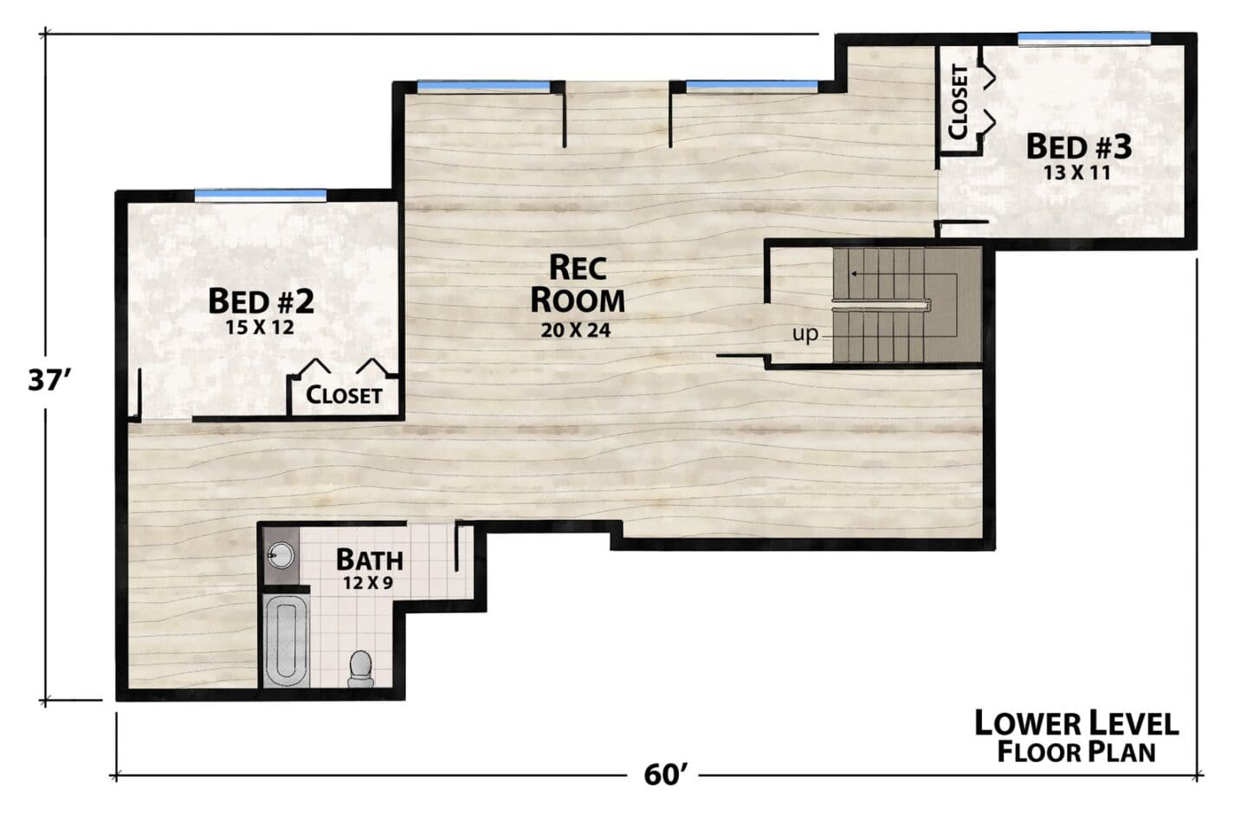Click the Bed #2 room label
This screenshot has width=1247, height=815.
click(262, 301)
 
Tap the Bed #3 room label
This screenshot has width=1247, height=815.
click(1079, 147)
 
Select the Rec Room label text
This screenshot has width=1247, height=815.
click(578, 284)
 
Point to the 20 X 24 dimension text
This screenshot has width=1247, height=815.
click(576, 331)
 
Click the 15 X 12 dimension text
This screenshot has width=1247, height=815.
click(260, 327)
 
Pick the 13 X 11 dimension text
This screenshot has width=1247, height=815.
click(1076, 173)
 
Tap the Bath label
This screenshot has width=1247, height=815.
click(370, 560)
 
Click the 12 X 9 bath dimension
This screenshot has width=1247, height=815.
click(368, 584)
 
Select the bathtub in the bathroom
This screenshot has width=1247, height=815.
click(286, 641)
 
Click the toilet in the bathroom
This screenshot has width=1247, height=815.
click(360, 669)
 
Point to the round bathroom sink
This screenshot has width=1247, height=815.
click(281, 555)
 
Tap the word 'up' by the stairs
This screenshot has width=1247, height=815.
click(805, 334)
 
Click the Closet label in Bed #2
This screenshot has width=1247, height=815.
click(344, 395)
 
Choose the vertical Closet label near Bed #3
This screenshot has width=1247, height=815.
click(959, 102)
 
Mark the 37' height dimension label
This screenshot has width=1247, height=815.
click(49, 381)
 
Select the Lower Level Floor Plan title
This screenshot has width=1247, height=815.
click(1076, 736)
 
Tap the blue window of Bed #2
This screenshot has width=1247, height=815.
click(261, 195)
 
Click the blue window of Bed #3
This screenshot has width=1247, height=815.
click(1084, 38)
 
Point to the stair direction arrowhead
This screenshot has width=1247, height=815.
click(853, 274)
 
